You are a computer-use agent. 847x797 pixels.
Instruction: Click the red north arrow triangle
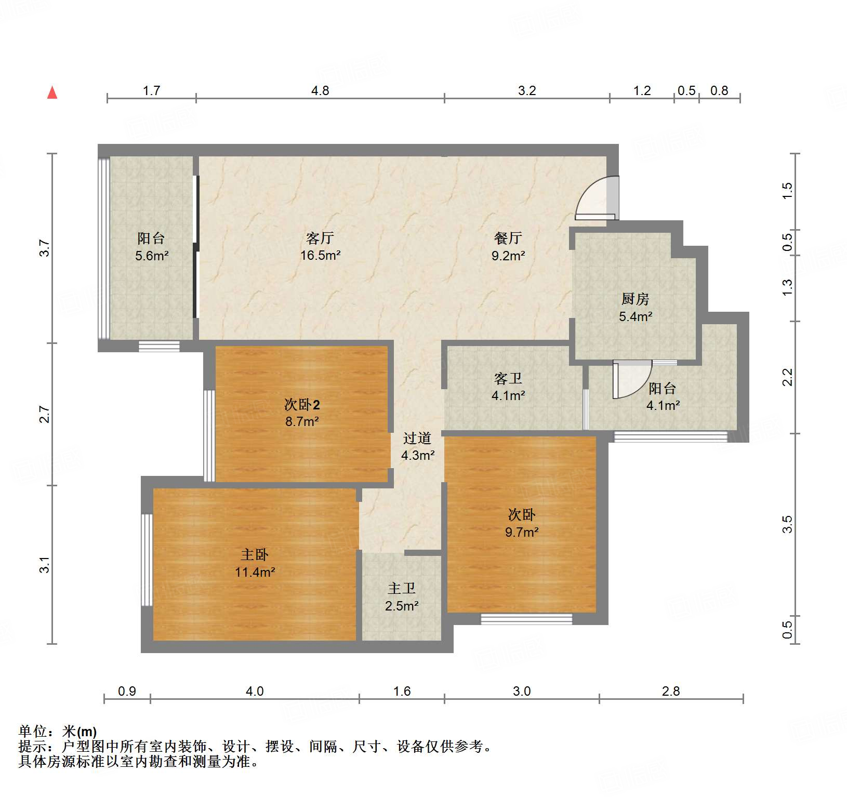point(52,93)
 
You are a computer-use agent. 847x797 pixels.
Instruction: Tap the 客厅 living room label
point(320,238)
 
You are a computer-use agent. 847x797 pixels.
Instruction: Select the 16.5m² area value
point(320,256)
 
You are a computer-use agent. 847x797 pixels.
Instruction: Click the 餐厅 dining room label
point(508,238)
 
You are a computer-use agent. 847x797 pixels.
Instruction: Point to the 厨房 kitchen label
point(635,299)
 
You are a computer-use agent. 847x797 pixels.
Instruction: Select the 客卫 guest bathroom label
point(508,378)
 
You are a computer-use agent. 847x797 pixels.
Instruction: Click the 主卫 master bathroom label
point(402,589)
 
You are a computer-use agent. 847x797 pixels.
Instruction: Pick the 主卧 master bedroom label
point(255,555)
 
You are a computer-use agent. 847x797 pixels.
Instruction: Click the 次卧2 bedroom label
point(301,404)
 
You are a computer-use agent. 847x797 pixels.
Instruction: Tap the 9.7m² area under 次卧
point(522,532)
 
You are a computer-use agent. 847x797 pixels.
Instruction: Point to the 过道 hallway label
point(417,439)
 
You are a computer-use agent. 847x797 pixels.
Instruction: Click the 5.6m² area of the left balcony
point(152,256)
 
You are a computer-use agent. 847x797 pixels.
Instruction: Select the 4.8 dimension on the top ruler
point(320,91)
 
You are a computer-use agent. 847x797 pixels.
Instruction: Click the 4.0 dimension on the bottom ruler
point(255,692)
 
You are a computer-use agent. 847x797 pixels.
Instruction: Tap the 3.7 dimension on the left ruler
point(45,248)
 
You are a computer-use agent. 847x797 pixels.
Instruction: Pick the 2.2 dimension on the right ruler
point(788,377)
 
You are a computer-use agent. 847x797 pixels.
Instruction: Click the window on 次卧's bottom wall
point(526,619)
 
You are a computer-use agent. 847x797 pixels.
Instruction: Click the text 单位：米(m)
point(58,732)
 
